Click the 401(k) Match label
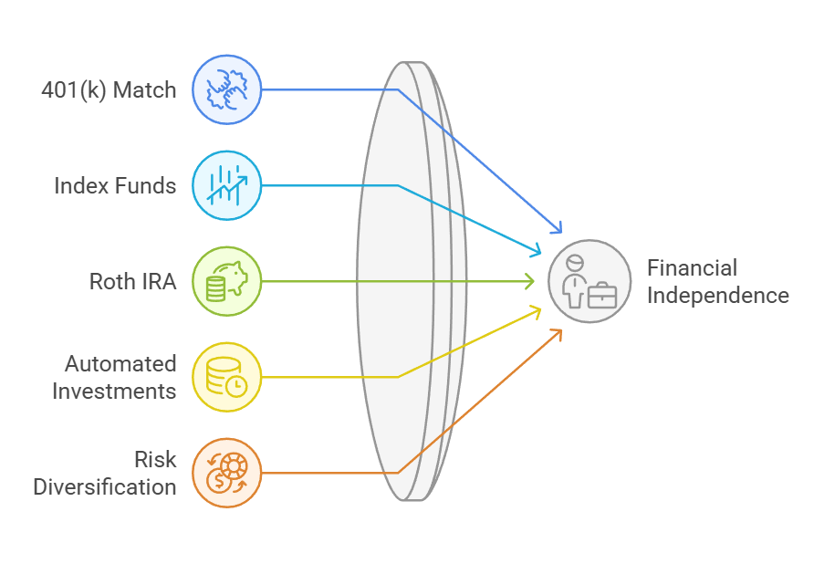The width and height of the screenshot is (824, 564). [x=109, y=90]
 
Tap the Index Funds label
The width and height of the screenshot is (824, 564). [x=114, y=186]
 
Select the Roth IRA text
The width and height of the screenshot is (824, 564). [x=131, y=281]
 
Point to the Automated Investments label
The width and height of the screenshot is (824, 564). [x=114, y=377]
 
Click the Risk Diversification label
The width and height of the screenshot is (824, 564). [x=105, y=473]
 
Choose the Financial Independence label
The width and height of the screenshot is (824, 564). [x=717, y=282]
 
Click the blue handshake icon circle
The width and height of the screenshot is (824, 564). [x=226, y=90]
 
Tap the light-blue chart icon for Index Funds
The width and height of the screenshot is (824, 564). [x=226, y=186]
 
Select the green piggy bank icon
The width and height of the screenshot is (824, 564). [x=226, y=281]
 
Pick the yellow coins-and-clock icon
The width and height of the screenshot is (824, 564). [x=226, y=377]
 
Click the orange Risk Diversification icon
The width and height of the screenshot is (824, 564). [x=226, y=473]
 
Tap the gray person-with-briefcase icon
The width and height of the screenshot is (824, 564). [x=589, y=282]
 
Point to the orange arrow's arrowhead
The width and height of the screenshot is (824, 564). [x=558, y=334]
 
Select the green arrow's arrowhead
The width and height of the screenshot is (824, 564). [x=530, y=282]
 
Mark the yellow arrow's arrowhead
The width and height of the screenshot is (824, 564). [x=536, y=312]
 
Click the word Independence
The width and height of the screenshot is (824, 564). [x=717, y=296]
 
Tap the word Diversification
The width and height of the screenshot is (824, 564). [x=105, y=486]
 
